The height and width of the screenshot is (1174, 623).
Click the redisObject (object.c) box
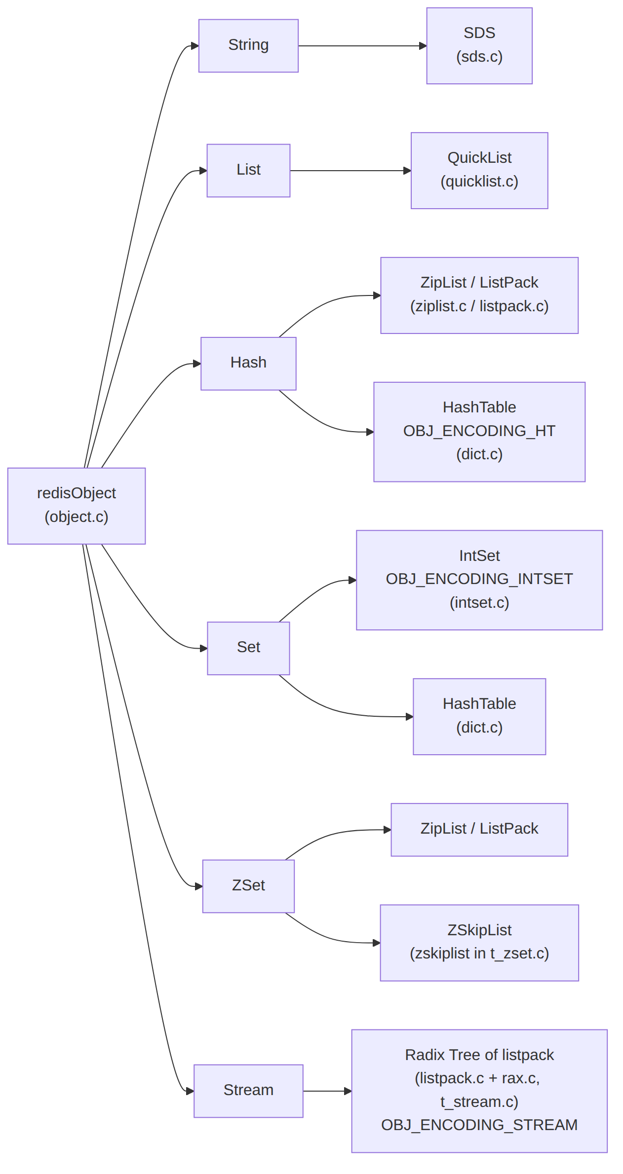[77, 506]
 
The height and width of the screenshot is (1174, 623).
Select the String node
[248, 46]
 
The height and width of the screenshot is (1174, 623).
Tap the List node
[248, 171]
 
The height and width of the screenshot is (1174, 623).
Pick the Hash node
[248, 364]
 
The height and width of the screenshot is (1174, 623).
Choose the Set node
[248, 648]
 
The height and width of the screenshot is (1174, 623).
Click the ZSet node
[248, 886]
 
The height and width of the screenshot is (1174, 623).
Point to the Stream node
[248, 1091]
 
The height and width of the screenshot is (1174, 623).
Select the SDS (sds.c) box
[479, 46]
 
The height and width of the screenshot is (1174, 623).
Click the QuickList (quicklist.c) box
[479, 171]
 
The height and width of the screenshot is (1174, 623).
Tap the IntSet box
[479, 580]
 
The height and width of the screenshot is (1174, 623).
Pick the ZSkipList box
[479, 943]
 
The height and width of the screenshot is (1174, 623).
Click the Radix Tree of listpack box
[479, 1091]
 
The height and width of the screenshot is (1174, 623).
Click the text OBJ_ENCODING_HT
[479, 431]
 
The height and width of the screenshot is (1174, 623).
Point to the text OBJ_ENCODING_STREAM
[479, 1125]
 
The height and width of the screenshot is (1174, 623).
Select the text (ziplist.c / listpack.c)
[479, 306]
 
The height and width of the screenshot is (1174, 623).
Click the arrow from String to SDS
[362, 46]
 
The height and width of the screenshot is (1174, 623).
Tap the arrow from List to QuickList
[350, 171]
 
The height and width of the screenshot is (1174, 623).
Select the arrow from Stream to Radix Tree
[327, 1091]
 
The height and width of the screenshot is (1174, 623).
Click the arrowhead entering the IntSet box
[352, 580]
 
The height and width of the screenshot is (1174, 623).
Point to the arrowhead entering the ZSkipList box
[376, 943]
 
